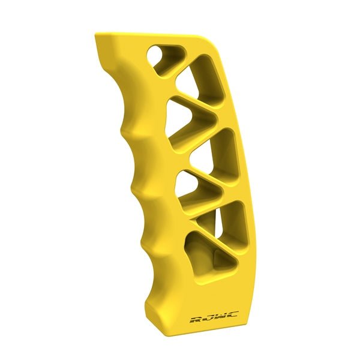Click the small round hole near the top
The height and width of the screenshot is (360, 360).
160,59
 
